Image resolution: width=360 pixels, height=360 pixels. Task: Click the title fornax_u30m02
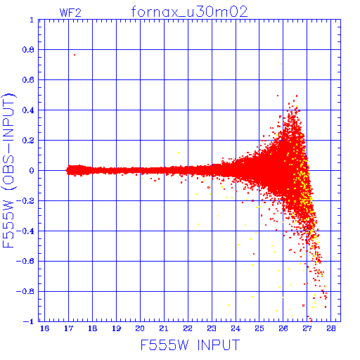point(189,12)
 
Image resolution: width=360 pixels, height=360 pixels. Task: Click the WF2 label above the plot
point(70,13)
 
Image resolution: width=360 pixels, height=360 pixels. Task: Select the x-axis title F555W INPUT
point(190,345)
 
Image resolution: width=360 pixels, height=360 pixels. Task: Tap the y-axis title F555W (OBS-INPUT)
point(8,170)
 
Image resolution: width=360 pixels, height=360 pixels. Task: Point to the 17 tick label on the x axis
point(68,328)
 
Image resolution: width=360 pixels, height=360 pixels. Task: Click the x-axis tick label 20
point(140,328)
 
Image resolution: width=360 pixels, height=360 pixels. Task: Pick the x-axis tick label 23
point(212,328)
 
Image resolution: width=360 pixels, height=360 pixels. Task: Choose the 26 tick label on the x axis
point(283,328)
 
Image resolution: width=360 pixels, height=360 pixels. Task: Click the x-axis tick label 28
point(331,328)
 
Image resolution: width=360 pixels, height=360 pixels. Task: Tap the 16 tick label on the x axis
point(44,328)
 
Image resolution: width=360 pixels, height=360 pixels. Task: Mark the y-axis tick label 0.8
point(28,50)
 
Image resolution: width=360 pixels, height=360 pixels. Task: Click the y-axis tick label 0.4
point(28,110)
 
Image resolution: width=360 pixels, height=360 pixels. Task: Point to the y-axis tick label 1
point(32,20)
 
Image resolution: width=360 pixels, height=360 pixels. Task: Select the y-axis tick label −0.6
point(25,261)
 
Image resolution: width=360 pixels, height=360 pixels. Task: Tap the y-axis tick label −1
point(29,321)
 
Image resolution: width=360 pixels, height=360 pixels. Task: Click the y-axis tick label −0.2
point(25,201)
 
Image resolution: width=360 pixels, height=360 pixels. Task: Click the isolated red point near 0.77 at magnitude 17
point(75,55)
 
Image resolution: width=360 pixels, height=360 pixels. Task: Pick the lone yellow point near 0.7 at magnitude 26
point(281,64)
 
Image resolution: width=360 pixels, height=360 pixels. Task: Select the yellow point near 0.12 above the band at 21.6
point(179,153)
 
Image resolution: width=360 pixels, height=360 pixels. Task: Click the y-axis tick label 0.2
point(28,141)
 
